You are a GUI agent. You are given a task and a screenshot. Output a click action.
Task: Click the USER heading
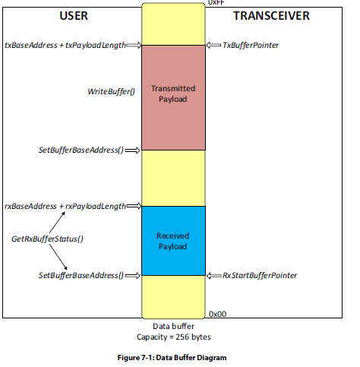tap(74, 16)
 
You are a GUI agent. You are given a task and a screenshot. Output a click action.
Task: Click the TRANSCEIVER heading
tap(271, 16)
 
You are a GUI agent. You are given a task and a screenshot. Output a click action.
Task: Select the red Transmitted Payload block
tap(173, 97)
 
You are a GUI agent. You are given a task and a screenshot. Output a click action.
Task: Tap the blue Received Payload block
tap(173, 241)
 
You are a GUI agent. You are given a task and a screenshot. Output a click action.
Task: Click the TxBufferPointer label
tap(251, 45)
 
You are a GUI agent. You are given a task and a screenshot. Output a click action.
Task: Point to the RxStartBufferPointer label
tap(260, 275)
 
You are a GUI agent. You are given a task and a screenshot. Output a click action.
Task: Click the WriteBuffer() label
tap(111, 91)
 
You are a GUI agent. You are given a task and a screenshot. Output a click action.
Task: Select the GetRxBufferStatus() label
tap(47, 239)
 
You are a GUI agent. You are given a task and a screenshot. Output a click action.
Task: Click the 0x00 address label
tap(217, 314)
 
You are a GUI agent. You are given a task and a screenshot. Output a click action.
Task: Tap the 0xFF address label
tap(216, 2)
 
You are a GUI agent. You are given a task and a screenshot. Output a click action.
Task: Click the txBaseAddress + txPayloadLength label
tap(65, 45)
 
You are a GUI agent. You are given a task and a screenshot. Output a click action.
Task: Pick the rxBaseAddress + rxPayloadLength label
tap(65, 206)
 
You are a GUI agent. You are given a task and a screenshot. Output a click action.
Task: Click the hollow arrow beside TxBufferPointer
tap(213, 45)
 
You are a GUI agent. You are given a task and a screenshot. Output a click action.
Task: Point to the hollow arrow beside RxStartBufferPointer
tap(213, 275)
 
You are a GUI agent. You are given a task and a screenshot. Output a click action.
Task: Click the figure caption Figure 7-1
tap(172, 358)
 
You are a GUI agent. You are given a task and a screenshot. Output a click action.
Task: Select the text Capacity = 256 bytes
tap(174, 337)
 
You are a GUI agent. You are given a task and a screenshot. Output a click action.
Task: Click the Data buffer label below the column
tap(174, 326)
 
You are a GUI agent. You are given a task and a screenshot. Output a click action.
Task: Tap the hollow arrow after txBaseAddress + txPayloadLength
tap(134, 45)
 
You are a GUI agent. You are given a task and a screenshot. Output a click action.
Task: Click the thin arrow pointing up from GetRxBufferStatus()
tap(57, 223)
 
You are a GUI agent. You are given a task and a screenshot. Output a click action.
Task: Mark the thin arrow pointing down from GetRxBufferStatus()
tap(58, 257)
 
